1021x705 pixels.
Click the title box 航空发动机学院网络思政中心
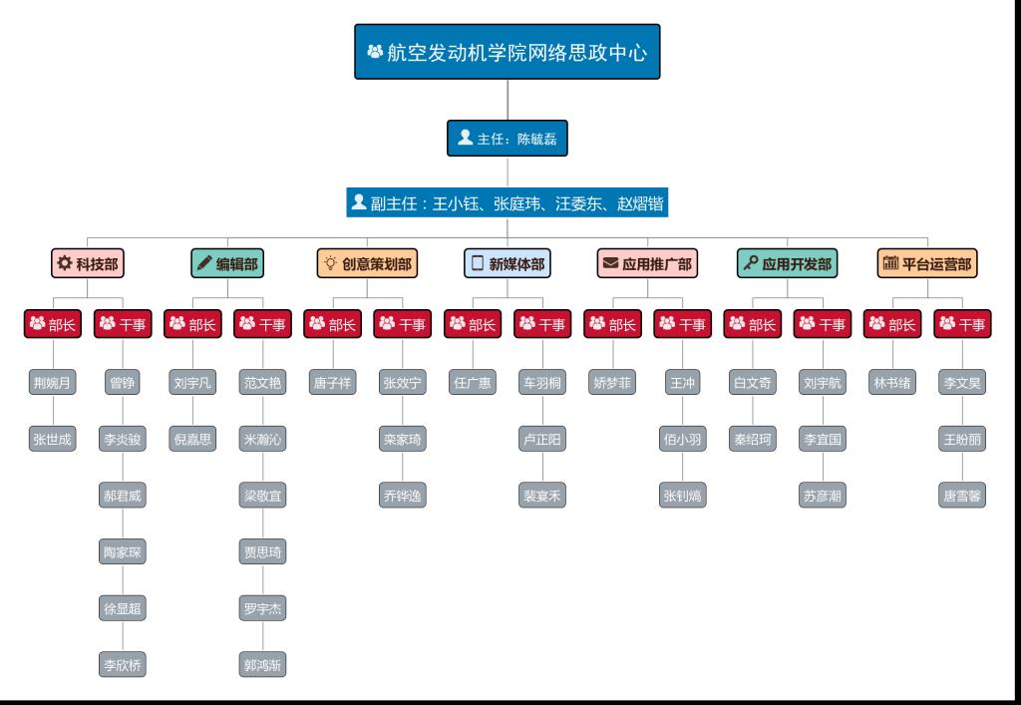(x=508, y=52)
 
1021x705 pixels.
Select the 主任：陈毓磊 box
(x=508, y=139)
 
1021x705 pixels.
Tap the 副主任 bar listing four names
(x=508, y=204)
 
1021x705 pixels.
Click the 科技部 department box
(x=88, y=264)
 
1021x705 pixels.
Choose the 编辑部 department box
(x=227, y=264)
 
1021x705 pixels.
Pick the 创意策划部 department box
(x=367, y=264)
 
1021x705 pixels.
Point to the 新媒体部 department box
(x=508, y=264)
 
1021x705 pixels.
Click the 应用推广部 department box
(x=647, y=264)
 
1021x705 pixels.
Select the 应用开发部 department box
(x=787, y=264)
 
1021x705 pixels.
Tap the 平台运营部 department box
(x=927, y=264)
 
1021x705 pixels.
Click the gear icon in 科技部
(x=65, y=264)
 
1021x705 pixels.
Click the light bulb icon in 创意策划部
(x=330, y=264)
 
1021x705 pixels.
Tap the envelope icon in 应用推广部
(x=610, y=264)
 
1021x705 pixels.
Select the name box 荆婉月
(x=53, y=382)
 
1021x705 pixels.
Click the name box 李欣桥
(x=124, y=664)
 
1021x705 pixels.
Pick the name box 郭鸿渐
(x=263, y=664)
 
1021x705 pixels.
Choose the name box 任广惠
(x=473, y=382)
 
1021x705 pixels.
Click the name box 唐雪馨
(x=962, y=495)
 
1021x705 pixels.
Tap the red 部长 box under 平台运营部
(x=892, y=324)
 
